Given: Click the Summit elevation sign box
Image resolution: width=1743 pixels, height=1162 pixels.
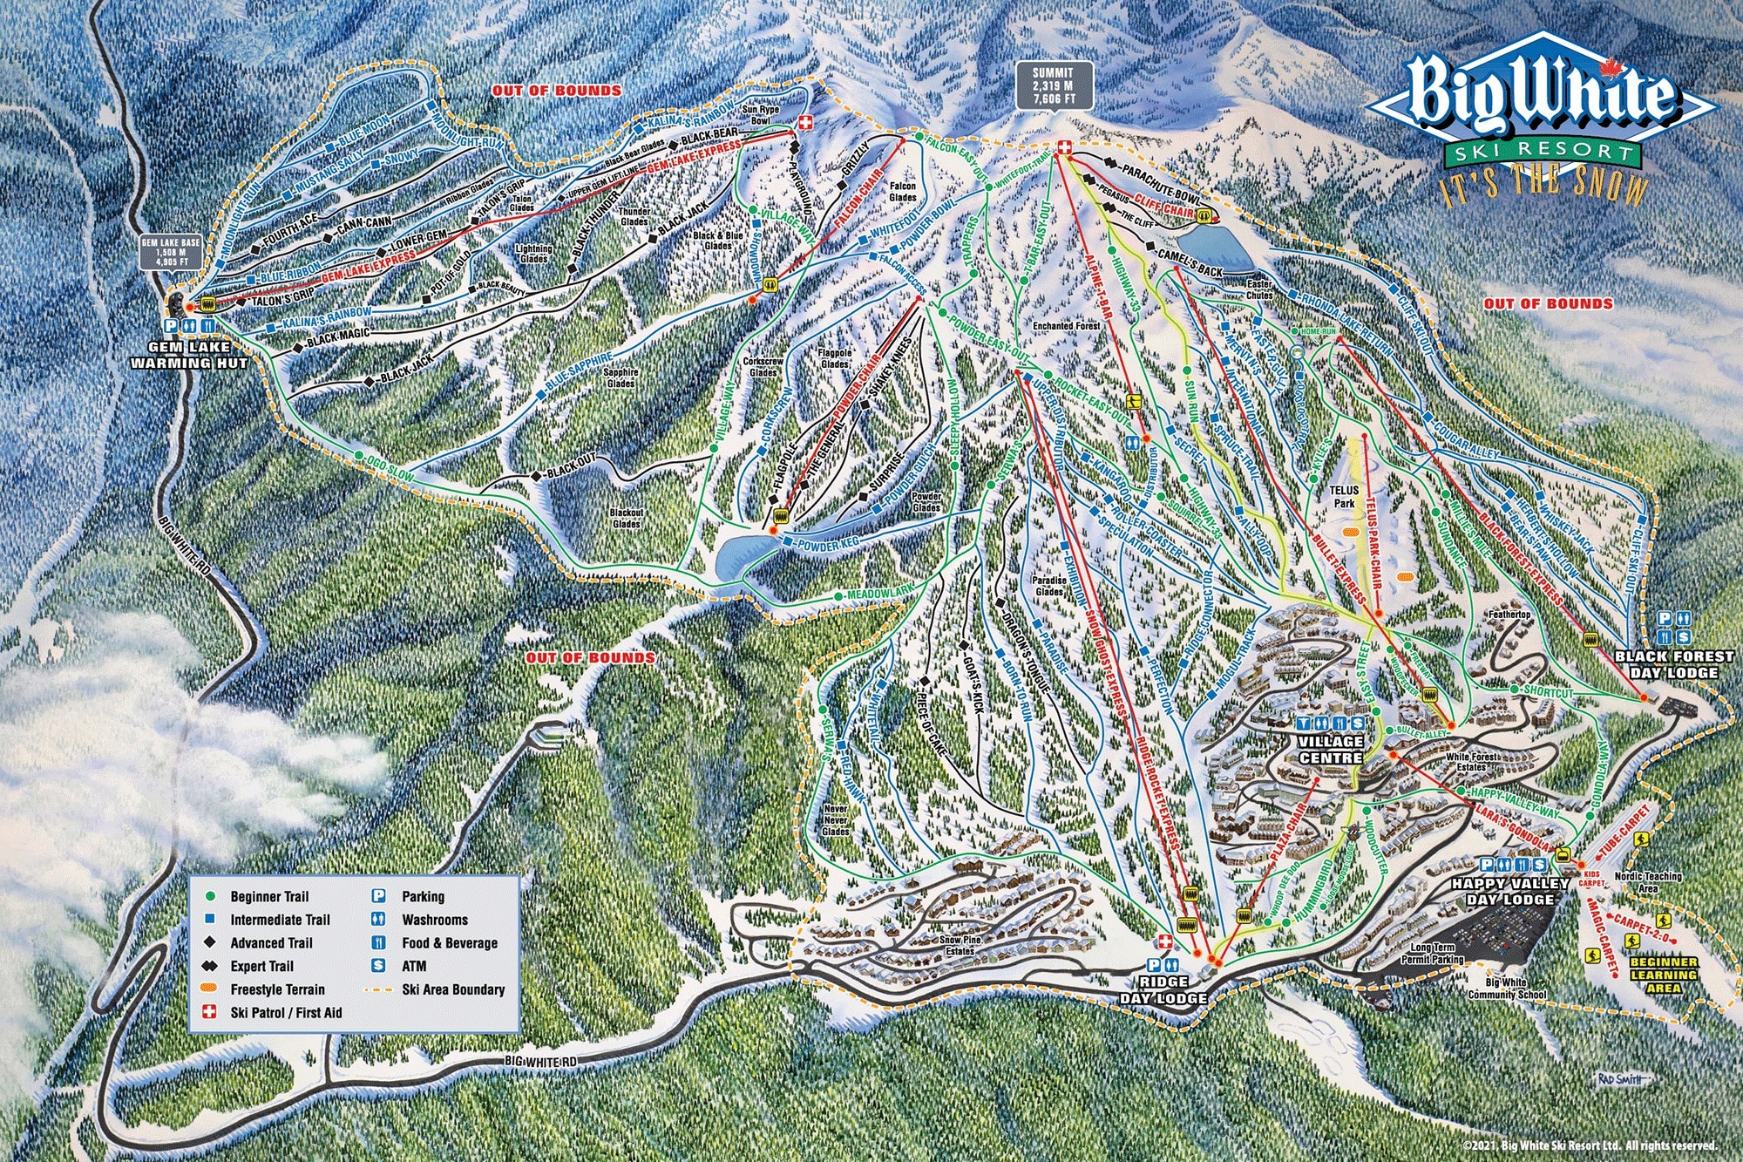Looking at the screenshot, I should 1053,85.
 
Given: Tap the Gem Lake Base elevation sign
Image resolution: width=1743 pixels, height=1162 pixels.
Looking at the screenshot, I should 172,251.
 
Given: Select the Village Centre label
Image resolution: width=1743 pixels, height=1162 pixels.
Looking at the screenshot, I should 1331,750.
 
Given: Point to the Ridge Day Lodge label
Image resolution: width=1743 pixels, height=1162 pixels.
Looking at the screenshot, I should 1164,990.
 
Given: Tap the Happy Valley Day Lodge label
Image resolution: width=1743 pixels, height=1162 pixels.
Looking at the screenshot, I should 1511,891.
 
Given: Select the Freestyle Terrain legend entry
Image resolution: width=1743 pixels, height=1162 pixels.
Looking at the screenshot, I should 277,989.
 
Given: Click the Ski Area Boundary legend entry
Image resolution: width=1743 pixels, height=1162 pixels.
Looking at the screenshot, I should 453,989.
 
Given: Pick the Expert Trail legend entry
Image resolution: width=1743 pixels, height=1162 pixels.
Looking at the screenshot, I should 261,966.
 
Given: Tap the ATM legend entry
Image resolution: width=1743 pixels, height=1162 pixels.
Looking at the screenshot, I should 414,966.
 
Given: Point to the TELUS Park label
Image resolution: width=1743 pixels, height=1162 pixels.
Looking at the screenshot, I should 1345,498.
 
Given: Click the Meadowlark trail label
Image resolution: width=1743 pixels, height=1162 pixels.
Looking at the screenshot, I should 880,593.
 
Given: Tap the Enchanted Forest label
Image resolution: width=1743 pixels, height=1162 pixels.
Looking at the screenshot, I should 1067,326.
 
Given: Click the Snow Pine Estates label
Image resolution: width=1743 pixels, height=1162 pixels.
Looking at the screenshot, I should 960,946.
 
